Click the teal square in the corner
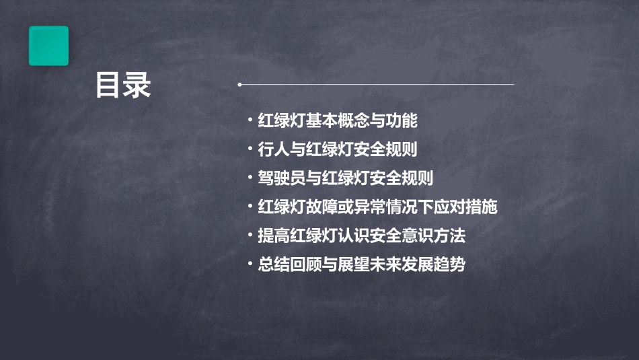tap(48, 46)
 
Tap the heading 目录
tap(123, 86)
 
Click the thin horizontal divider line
tap(377, 85)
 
